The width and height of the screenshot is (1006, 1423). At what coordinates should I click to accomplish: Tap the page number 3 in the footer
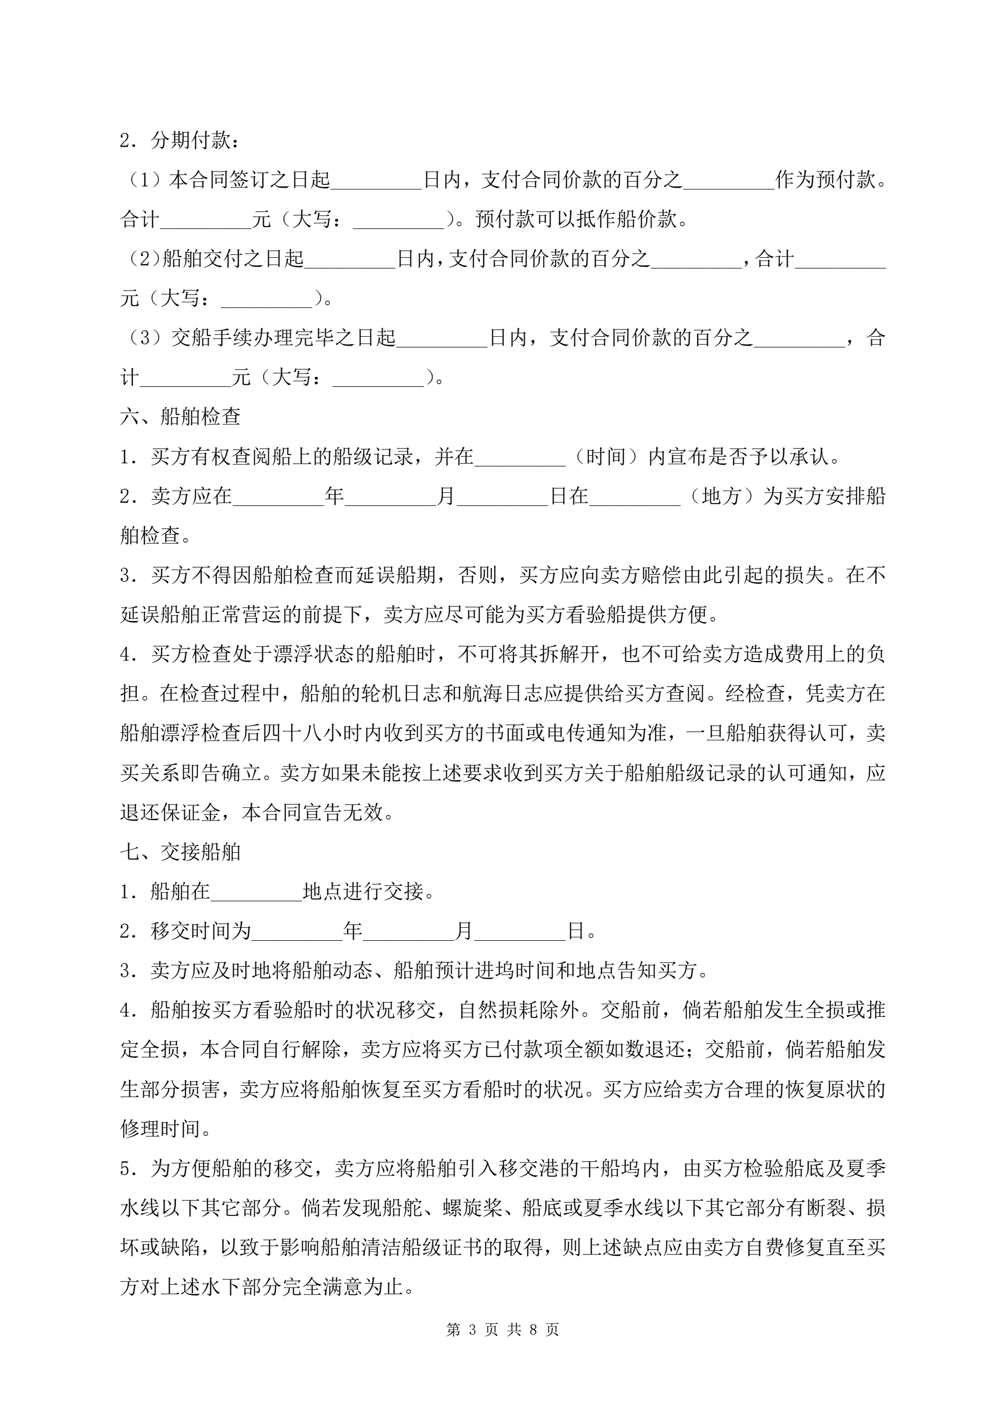pyautogui.click(x=473, y=1329)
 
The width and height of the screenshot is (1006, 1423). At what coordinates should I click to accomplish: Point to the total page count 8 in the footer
pyautogui.click(x=533, y=1329)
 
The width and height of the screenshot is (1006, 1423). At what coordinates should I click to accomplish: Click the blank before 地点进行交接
pyautogui.click(x=256, y=891)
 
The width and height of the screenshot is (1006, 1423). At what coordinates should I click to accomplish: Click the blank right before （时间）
pyautogui.click(x=520, y=457)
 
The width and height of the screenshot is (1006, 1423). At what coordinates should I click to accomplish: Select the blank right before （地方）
pyautogui.click(x=635, y=496)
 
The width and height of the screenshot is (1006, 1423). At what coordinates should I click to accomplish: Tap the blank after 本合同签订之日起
pyautogui.click(x=376, y=180)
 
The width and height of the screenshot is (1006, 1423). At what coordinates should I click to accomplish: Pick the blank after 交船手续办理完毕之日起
pyautogui.click(x=442, y=338)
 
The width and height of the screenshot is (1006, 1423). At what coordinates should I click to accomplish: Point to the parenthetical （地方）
pyautogui.click(x=721, y=496)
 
